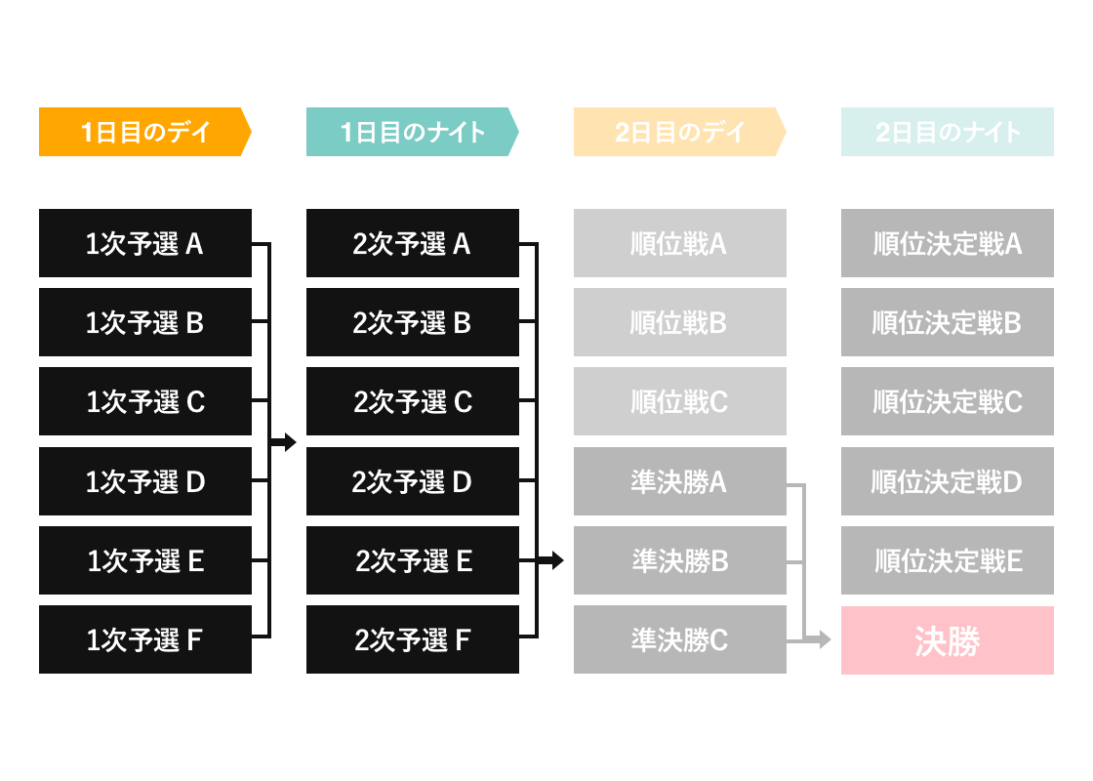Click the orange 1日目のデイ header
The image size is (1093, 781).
(x=145, y=132)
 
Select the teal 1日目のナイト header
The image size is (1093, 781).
(x=413, y=132)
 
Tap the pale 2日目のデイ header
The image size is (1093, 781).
(x=679, y=132)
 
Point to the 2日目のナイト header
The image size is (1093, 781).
(x=948, y=132)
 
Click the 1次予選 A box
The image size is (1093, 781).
(x=145, y=243)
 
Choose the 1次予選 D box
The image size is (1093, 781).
(x=145, y=481)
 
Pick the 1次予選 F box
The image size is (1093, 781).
(x=145, y=639)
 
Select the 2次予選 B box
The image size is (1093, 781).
(x=413, y=322)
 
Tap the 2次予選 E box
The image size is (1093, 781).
(x=413, y=560)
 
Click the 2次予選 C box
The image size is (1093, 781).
(x=413, y=401)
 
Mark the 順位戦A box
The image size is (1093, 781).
(x=679, y=243)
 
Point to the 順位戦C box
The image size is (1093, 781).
(x=679, y=401)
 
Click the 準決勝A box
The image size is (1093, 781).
(x=679, y=481)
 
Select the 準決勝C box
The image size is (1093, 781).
(x=679, y=639)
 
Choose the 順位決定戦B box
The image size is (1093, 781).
(x=948, y=322)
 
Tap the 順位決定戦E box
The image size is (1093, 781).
(x=948, y=560)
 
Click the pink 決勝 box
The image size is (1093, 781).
(x=948, y=640)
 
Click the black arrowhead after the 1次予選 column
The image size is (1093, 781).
(x=290, y=441)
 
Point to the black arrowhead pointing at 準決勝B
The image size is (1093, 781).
(x=557, y=560)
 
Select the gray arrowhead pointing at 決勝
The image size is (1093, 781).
(x=825, y=638)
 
